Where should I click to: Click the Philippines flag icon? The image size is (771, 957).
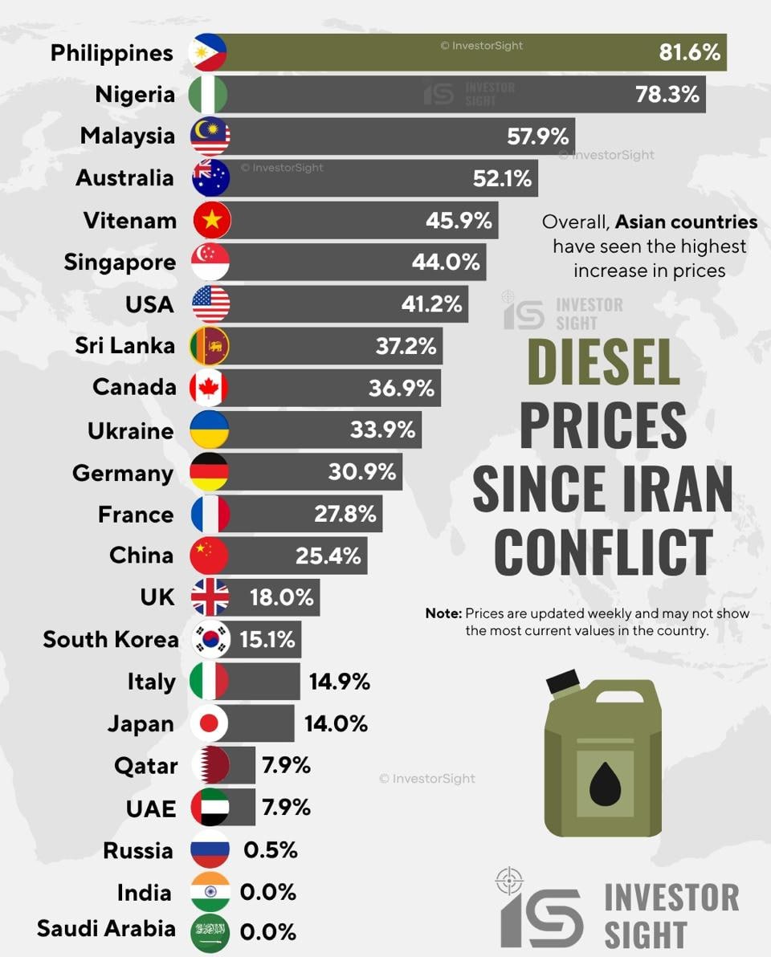click(x=208, y=53)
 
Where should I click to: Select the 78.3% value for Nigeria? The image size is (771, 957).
click(x=667, y=95)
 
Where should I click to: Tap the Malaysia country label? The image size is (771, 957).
click(x=127, y=136)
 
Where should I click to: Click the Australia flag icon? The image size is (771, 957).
click(x=210, y=178)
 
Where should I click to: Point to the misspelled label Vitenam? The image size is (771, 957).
click(x=129, y=220)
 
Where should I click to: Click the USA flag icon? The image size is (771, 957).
click(x=210, y=304)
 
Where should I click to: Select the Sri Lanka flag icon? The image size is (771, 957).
click(x=210, y=346)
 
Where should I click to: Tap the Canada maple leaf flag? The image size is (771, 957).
click(x=209, y=389)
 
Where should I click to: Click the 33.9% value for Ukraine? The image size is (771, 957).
click(x=382, y=430)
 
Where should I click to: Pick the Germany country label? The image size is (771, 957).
click(x=122, y=473)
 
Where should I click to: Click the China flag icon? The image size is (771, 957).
click(x=210, y=556)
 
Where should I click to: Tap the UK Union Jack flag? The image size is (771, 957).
click(x=210, y=597)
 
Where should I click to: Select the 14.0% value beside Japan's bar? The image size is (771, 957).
click(x=336, y=723)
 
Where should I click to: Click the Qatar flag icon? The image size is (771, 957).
click(x=211, y=765)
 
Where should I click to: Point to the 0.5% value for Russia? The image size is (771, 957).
click(x=270, y=850)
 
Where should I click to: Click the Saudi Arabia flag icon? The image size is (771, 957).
click(x=210, y=933)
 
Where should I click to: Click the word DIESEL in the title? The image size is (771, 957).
click(x=603, y=362)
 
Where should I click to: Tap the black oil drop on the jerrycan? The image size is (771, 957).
click(x=604, y=784)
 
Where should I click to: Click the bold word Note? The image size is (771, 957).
click(x=443, y=613)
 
